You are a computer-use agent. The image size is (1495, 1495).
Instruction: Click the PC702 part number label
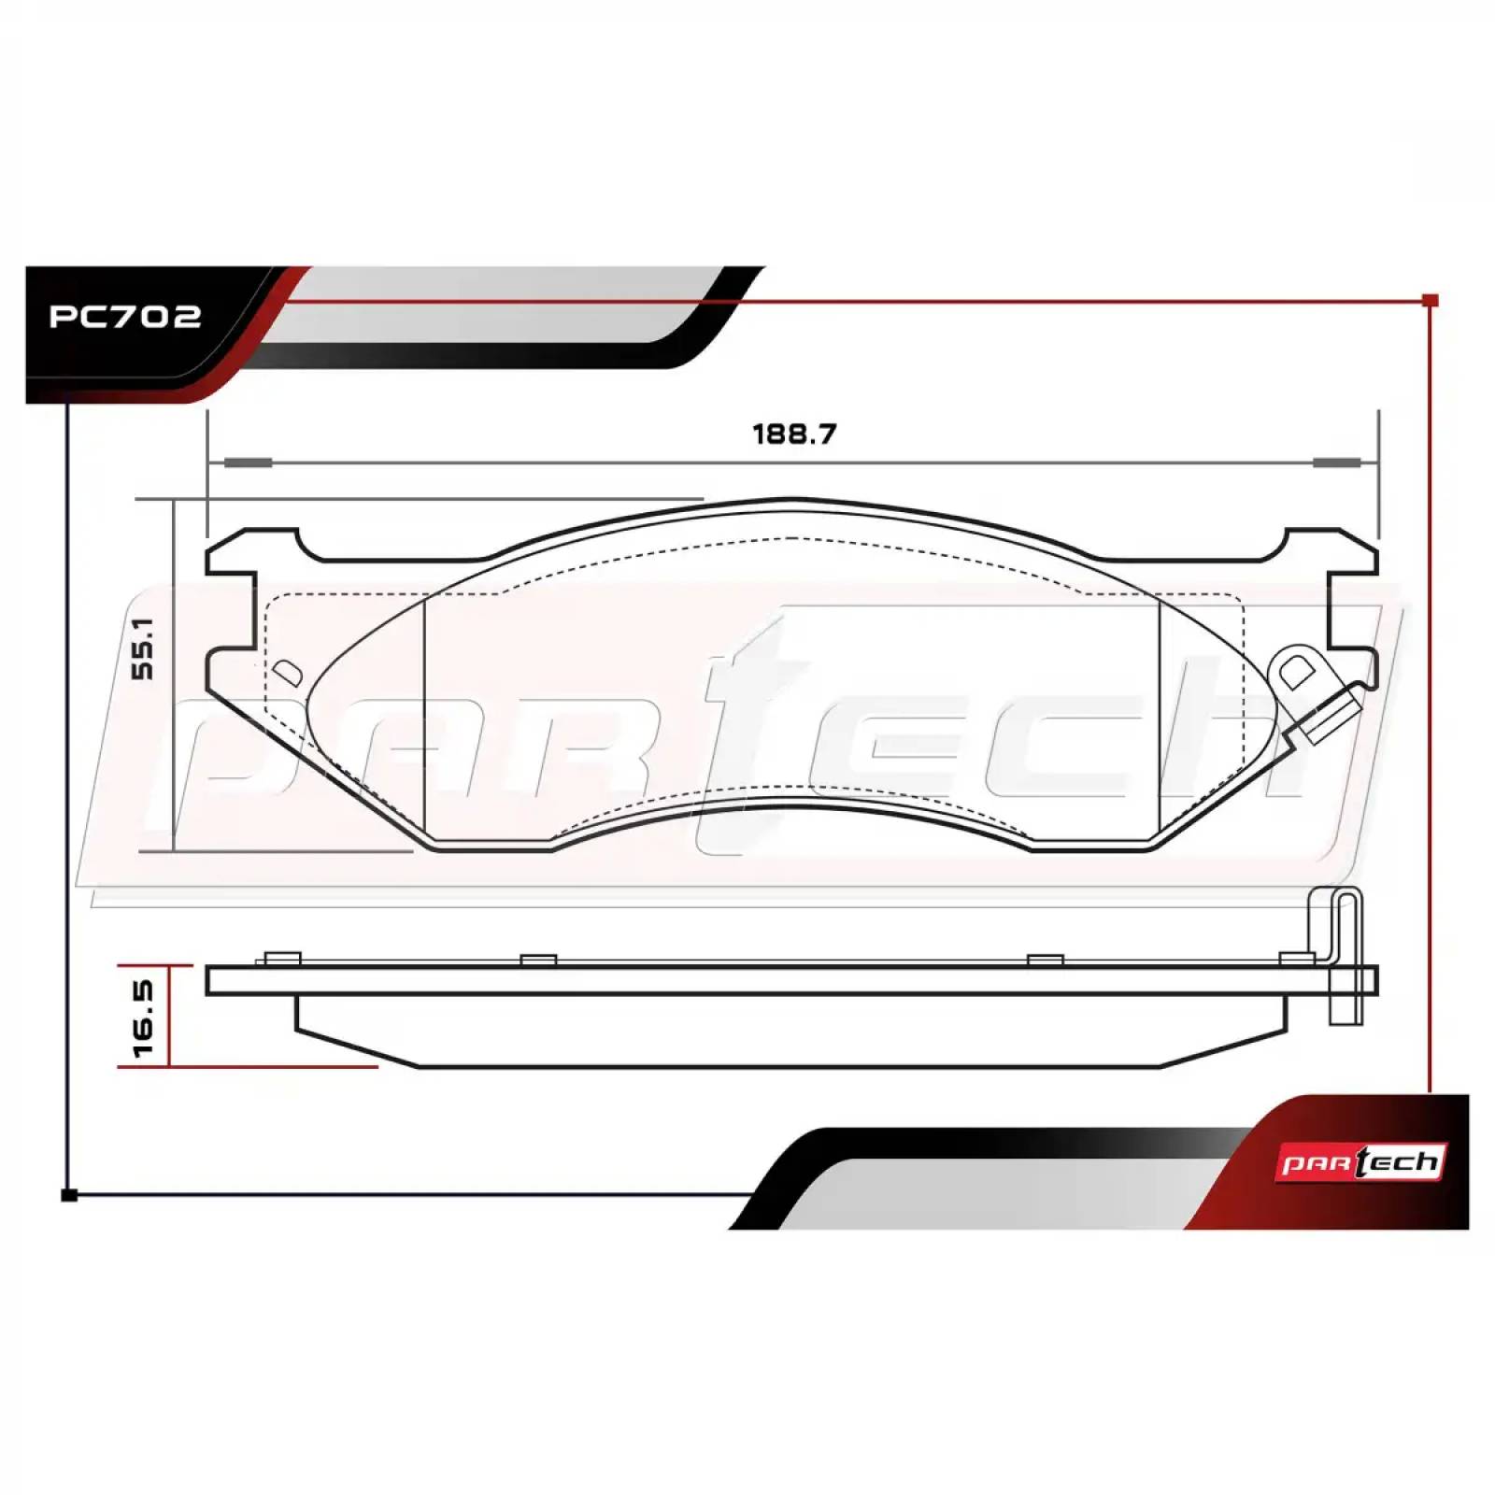(124, 316)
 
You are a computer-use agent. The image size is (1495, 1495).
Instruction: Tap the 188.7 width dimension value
(794, 434)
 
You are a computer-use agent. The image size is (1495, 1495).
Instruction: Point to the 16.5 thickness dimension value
(143, 1018)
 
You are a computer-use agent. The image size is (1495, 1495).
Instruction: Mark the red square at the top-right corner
(1429, 301)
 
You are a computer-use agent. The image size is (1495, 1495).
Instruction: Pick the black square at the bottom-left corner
(68, 1195)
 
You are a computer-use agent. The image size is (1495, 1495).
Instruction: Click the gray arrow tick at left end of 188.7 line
(248, 463)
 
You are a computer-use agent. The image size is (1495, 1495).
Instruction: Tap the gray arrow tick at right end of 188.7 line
(1336, 463)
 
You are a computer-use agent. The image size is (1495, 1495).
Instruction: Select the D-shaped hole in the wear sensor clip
(1295, 672)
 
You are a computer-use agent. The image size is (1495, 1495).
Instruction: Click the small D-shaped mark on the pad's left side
(286, 673)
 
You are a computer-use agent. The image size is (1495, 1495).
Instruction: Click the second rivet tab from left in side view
(538, 961)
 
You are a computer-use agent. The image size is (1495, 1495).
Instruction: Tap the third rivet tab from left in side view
(1045, 961)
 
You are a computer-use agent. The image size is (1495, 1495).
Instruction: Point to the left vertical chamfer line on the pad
(425, 719)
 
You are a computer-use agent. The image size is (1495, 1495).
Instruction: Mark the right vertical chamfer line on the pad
(1159, 719)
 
